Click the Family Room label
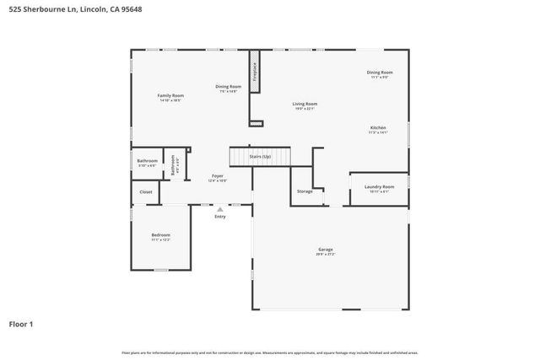pyautogui.click(x=170, y=96)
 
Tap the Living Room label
pyautogui.click(x=305, y=104)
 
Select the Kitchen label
pyautogui.click(x=377, y=128)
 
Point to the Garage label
pyautogui.click(x=325, y=250)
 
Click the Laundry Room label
pyautogui.click(x=379, y=186)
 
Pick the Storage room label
pyautogui.click(x=305, y=191)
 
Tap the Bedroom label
pyautogui.click(x=160, y=234)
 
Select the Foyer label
pyautogui.click(x=217, y=176)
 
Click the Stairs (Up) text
pyautogui.click(x=260, y=157)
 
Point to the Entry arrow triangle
pyautogui.click(x=220, y=209)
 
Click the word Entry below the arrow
pyautogui.click(x=220, y=217)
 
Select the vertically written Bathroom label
pyautogui.click(x=172, y=164)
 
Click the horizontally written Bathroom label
pyautogui.click(x=148, y=160)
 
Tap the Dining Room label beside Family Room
pyautogui.click(x=228, y=87)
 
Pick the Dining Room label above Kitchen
pyautogui.click(x=380, y=73)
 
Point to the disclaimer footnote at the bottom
pyautogui.click(x=269, y=352)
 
